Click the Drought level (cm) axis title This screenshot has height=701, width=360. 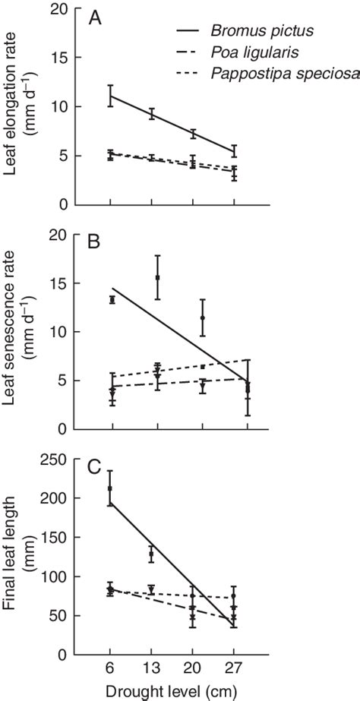(x=179, y=691)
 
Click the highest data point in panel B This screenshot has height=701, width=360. (x=157, y=277)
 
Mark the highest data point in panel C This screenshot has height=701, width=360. (x=111, y=488)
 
